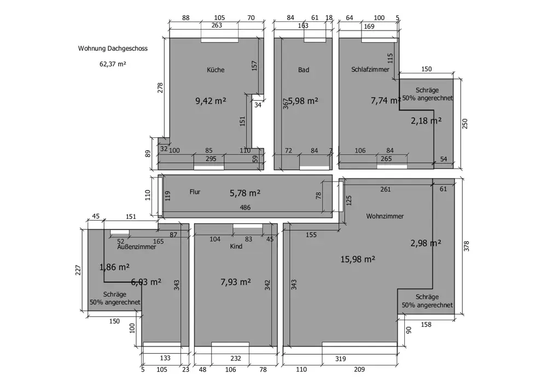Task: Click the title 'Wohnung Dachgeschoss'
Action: click(x=113, y=49)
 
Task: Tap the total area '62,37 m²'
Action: click(x=113, y=63)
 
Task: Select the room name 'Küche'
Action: click(x=216, y=70)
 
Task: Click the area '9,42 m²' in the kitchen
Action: click(x=211, y=101)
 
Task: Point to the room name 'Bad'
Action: click(x=304, y=70)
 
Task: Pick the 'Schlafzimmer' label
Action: click(x=370, y=70)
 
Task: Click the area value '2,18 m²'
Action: click(x=426, y=120)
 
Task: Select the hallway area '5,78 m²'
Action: click(x=245, y=193)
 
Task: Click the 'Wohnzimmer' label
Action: click(x=385, y=216)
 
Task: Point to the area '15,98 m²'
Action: click(x=357, y=259)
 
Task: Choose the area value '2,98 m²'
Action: click(x=426, y=244)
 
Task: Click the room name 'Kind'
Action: click(x=236, y=247)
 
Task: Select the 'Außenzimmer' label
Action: click(x=137, y=247)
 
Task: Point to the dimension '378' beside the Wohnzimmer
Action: click(x=467, y=247)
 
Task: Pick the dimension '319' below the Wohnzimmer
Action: click(x=340, y=359)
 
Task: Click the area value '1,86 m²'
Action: click(x=114, y=267)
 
